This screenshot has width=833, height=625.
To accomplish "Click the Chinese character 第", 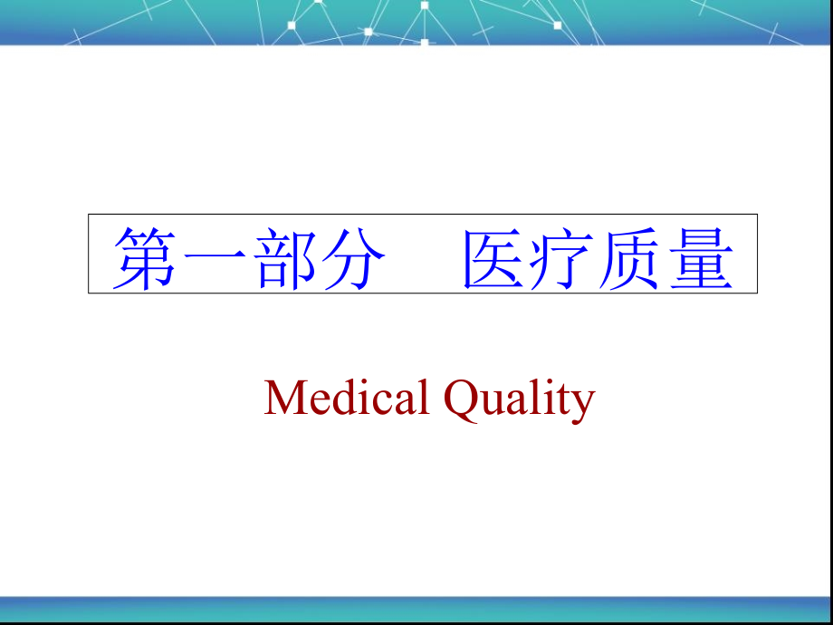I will pyautogui.click(x=145, y=258).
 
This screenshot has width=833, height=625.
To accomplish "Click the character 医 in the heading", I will pyautogui.click(x=494, y=258).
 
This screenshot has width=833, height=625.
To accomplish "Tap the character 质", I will pyautogui.click(x=630, y=258).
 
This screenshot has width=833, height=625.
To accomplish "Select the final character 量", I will pyautogui.click(x=699, y=258).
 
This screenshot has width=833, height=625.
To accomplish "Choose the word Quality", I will pyautogui.click(x=519, y=399).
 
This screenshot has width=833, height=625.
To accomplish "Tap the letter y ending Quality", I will pyautogui.click(x=582, y=404).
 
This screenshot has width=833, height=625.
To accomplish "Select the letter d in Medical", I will pyautogui.click(x=339, y=398).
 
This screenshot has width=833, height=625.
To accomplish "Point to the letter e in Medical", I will pyautogui.click(x=316, y=402).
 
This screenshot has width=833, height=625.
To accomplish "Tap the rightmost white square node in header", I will pyautogui.click(x=557, y=24).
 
